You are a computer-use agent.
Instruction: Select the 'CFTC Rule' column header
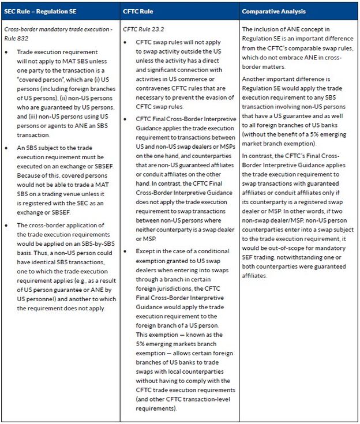[x=139, y=12]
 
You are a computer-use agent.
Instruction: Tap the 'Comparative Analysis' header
[x=273, y=12]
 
